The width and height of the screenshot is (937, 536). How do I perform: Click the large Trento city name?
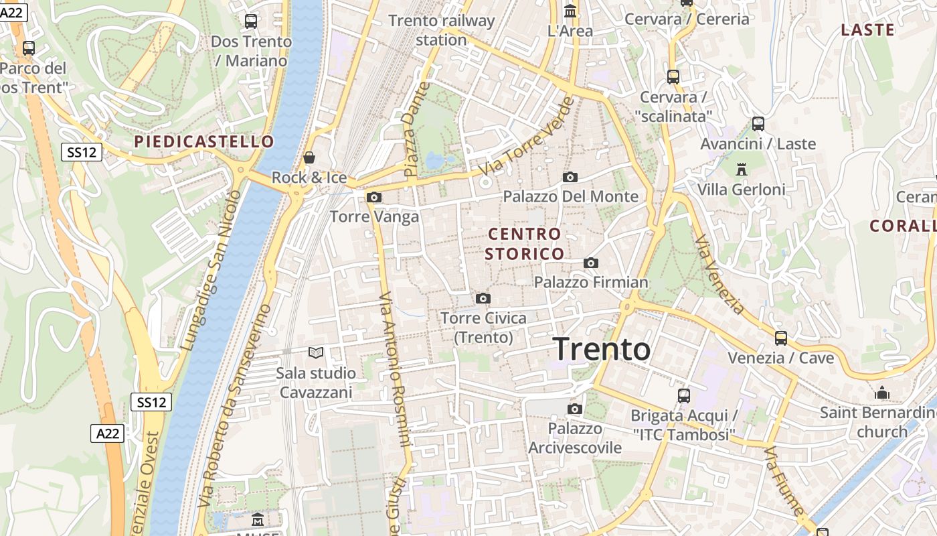[602, 349]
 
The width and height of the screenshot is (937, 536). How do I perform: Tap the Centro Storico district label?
[525, 244]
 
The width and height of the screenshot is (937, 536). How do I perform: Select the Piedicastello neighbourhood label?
[204, 141]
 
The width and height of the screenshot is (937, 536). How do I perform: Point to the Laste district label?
[867, 30]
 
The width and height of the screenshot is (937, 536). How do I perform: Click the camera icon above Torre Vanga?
[374, 197]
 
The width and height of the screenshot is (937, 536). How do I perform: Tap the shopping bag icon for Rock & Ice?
[309, 158]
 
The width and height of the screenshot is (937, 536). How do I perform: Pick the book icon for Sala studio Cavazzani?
[316, 352]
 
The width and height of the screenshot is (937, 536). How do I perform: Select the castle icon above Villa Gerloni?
[741, 170]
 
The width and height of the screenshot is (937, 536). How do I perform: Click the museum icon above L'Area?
[570, 11]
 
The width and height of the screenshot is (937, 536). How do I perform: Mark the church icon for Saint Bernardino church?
[881, 393]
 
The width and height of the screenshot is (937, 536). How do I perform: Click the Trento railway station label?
[441, 30]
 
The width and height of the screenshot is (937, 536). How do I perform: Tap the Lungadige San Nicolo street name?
[211, 270]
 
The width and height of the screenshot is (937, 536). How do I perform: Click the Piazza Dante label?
[415, 130]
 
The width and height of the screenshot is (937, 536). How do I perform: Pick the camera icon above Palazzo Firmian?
[590, 263]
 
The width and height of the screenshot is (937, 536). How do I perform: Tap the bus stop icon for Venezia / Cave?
[780, 338]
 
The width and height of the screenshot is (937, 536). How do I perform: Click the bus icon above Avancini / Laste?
[758, 124]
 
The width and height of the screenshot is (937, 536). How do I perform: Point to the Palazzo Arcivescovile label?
[575, 438]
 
